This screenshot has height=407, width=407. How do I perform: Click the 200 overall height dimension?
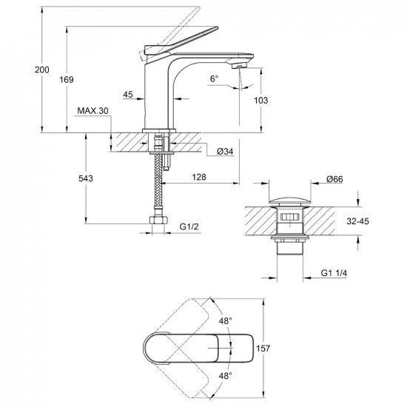tap(42, 70)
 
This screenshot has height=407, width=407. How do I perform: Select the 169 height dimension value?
tap(67, 80)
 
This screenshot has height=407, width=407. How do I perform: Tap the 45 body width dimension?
tap(128, 95)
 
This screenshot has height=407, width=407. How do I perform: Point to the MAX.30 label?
tap(92, 111)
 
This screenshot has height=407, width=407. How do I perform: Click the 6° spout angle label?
tap(214, 78)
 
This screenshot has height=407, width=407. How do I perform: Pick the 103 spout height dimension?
tap(260, 100)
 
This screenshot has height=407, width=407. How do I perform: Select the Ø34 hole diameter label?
tap(225, 151)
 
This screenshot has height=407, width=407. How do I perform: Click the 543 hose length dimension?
tap(86, 178)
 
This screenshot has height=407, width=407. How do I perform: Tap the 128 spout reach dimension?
tap(199, 177)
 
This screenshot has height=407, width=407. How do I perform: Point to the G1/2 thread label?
tap(189, 226)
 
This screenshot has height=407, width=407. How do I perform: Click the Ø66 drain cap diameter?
tap(334, 179)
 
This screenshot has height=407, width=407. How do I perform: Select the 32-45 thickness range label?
tap(357, 221)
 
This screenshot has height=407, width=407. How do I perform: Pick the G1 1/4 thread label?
tap(334, 273)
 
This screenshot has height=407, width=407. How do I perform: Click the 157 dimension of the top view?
tap(263, 348)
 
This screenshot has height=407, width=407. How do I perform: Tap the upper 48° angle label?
tap(225, 321)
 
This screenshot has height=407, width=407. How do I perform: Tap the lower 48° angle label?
tap(225, 375)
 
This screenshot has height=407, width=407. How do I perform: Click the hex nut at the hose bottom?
tap(158, 220)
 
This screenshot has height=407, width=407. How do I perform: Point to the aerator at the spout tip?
tap(239, 67)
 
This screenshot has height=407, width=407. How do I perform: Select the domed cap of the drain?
tap(289, 201)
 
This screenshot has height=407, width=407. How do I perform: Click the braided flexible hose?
tap(158, 181)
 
